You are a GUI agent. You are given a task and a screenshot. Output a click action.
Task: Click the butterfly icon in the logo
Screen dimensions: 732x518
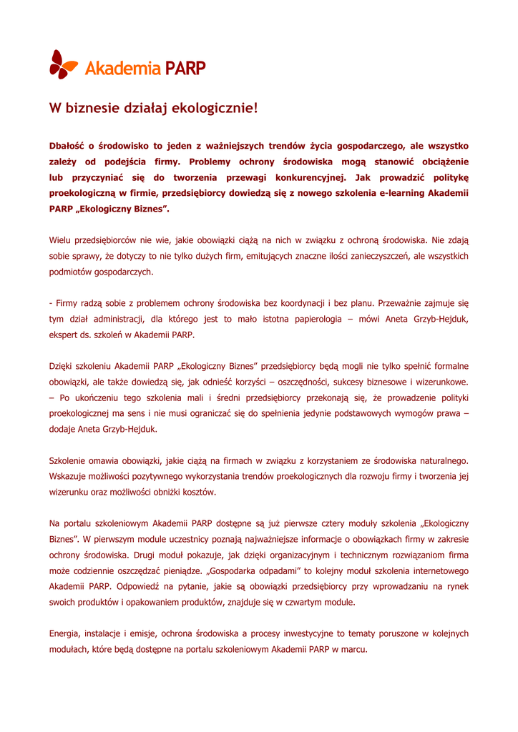[63, 64]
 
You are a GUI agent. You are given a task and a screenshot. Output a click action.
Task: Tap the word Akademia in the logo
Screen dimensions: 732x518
[122, 68]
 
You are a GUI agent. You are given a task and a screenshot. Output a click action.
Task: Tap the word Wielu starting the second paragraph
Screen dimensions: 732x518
[62, 240]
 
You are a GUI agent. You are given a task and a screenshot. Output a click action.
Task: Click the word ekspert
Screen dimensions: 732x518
[65, 335]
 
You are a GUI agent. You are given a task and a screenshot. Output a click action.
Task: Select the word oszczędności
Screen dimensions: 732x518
[321, 382]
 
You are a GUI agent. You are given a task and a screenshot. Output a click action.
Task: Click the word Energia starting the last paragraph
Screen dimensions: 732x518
[64, 633]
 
